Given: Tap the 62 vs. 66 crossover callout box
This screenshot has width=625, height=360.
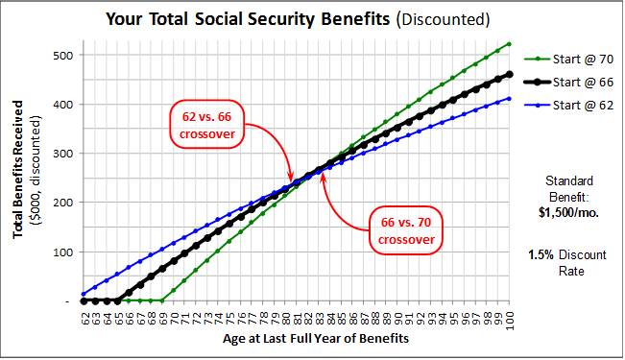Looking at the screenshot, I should coord(206,125).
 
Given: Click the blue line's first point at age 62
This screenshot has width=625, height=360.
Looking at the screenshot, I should coord(84,294).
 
